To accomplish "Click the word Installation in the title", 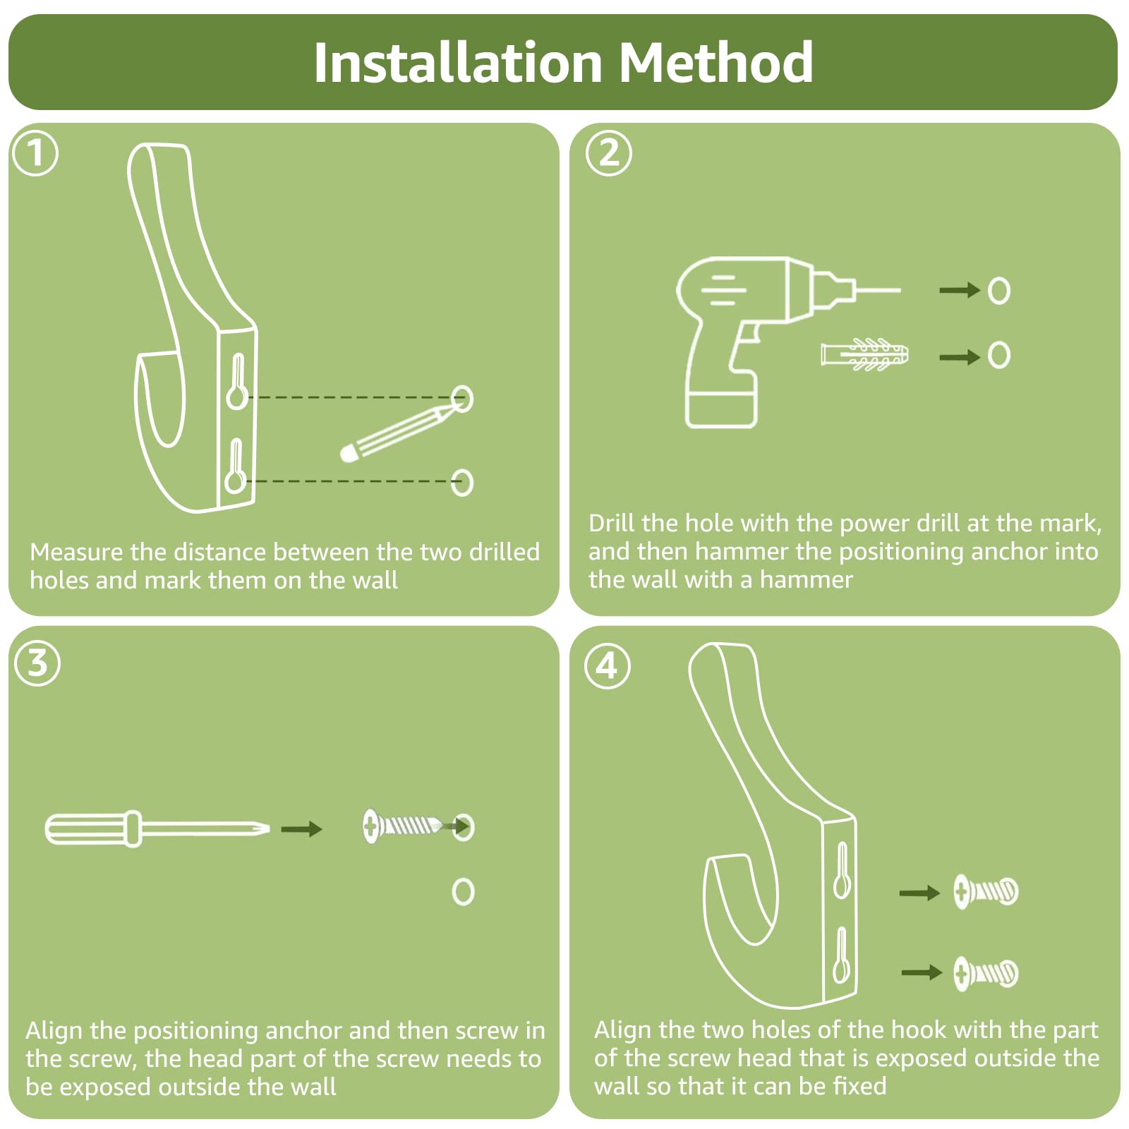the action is [x=457, y=63].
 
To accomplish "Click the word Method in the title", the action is [x=716, y=63].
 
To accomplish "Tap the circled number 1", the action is [x=35, y=153].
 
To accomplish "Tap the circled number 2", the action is [x=609, y=153].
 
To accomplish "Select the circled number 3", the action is [x=37, y=663].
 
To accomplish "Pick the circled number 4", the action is [x=608, y=666].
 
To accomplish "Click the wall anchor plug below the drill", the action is [x=864, y=354].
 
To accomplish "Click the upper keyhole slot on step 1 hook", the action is [x=237, y=382].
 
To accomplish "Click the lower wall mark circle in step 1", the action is [x=462, y=482].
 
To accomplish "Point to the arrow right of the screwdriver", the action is [x=301, y=828].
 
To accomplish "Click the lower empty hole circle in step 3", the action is [x=463, y=892].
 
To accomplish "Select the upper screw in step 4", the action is [x=986, y=891].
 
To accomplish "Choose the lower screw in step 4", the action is [x=986, y=974].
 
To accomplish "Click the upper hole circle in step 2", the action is [x=998, y=290].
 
